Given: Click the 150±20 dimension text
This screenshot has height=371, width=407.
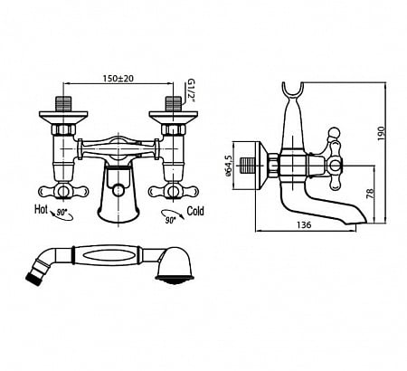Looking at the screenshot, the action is (118, 79).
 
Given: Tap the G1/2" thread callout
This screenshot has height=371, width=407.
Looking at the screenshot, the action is (191, 90).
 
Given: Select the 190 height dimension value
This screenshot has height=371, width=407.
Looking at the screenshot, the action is (382, 133).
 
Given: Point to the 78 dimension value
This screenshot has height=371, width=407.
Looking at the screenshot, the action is (370, 194).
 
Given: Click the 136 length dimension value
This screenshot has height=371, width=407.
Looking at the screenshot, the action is (304, 225).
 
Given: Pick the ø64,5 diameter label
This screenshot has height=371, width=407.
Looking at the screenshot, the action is (229, 166).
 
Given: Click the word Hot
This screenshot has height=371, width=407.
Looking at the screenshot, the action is (41, 209).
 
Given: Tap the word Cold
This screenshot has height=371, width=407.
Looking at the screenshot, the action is (195, 211).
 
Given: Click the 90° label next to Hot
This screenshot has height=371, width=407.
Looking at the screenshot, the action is (62, 213).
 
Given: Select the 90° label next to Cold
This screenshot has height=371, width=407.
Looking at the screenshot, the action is (170, 221).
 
